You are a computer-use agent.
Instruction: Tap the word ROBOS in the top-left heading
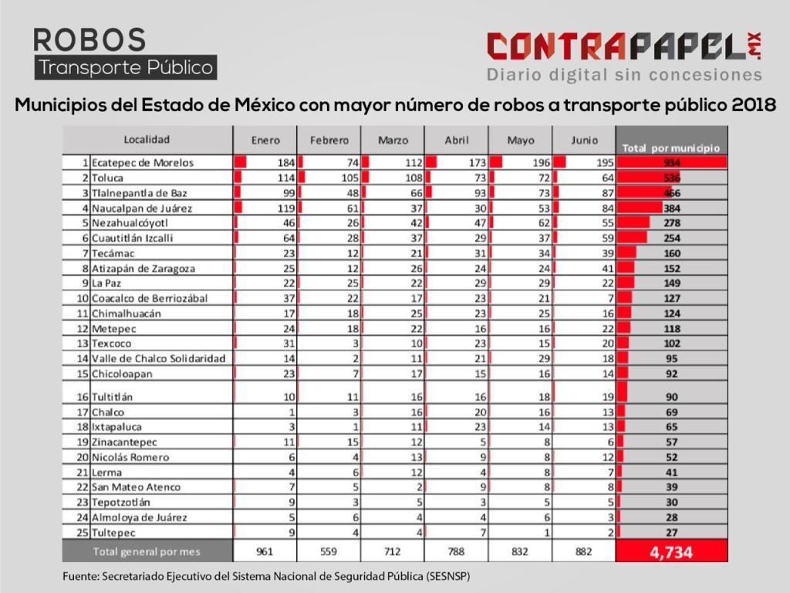pos(89,39)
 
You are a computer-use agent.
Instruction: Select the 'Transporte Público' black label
pos(126,67)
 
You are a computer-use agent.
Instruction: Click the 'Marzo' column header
pos(393,141)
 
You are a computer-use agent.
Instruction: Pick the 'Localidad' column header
pos(147,140)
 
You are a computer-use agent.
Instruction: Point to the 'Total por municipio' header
pos(670,147)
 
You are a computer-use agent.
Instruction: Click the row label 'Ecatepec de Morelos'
pos(142,163)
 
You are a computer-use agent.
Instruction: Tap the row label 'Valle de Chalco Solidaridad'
pos(158,358)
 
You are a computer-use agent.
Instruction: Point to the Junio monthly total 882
pos(583,552)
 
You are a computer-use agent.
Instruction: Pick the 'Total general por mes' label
pos(147,551)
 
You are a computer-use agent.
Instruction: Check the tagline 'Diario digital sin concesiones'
pos(624,75)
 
